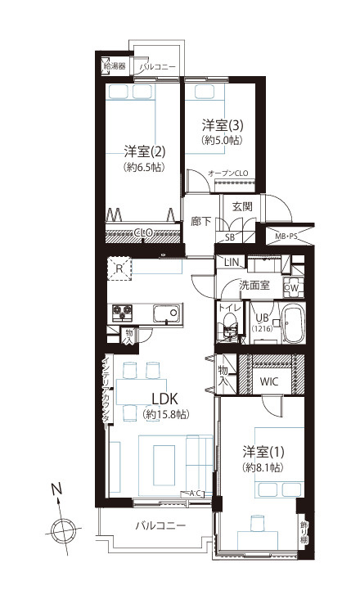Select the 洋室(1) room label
263,452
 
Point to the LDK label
165,399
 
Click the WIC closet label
269,381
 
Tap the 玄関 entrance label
241,206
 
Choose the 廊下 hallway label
201,221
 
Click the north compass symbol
61,529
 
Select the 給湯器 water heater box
115,65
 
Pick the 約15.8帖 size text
165,416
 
